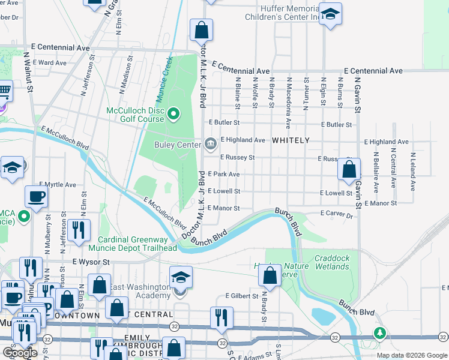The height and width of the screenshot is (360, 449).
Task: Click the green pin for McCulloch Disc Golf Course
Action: tap(173, 113)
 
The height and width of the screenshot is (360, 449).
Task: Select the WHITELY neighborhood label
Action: tap(291, 140)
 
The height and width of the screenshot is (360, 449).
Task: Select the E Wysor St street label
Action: tap(91, 262)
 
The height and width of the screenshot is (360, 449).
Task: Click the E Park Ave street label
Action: tap(226, 174)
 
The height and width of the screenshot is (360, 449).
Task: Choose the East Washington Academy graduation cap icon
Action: tap(181, 277)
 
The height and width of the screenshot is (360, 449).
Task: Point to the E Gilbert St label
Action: tap(241, 296)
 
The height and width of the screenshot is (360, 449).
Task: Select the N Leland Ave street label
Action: tap(413, 171)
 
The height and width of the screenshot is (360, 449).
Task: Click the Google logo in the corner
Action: tap(20, 353)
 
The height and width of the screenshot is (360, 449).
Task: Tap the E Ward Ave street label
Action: tap(52, 62)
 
